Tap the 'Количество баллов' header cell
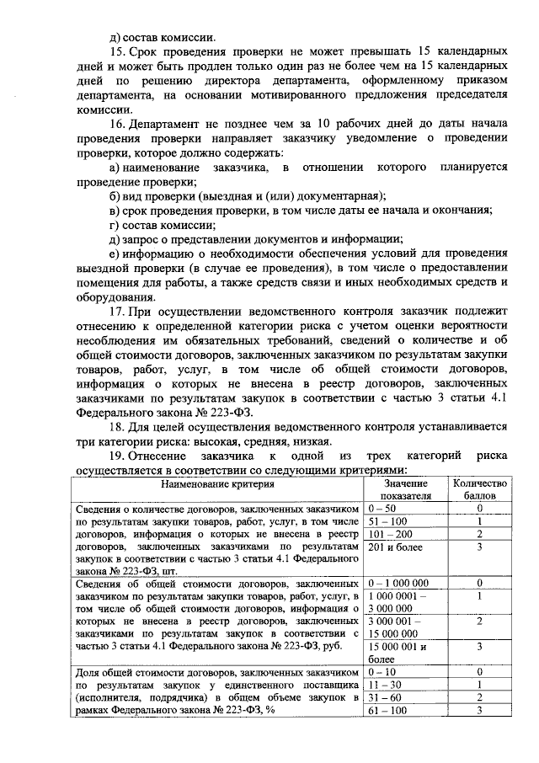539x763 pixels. (x=478, y=490)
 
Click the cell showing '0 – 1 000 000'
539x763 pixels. (x=398, y=583)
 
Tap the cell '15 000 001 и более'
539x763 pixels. (x=398, y=653)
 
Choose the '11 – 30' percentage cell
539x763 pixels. (x=383, y=686)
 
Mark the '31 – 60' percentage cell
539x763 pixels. (x=383, y=698)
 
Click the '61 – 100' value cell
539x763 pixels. (x=386, y=711)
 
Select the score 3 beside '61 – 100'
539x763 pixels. (x=478, y=711)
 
